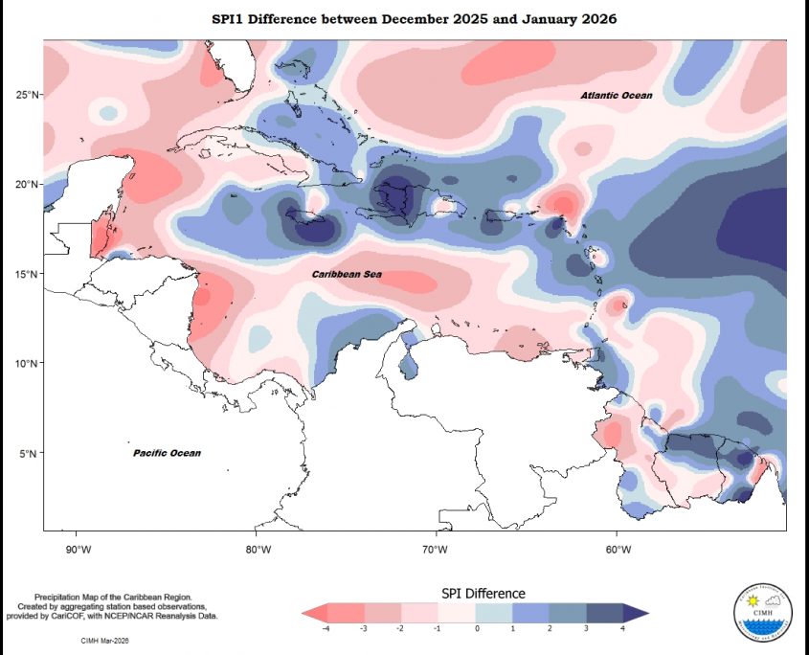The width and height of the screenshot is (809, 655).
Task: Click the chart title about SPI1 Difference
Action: point(415,19)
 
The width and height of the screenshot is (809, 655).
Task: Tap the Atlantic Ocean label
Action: point(617,96)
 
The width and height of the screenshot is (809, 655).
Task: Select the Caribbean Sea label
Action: point(348,275)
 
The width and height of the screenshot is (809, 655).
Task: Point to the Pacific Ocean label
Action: point(167,453)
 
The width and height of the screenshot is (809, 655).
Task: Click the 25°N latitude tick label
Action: point(27,94)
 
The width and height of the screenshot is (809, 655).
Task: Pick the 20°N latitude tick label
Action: point(27,184)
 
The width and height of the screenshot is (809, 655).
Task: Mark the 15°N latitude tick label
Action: point(27,274)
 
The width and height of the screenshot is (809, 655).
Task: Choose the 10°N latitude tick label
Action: point(27,364)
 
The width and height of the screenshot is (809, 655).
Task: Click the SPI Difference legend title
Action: point(483,594)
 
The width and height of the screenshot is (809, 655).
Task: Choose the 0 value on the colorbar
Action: point(476,629)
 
